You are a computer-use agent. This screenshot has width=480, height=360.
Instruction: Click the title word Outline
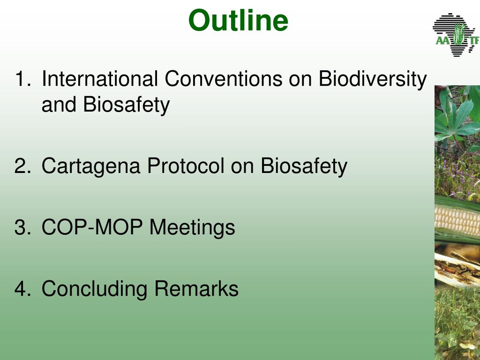(238, 20)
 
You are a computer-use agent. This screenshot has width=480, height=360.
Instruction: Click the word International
(100, 79)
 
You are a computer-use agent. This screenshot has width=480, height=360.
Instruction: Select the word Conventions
(224, 79)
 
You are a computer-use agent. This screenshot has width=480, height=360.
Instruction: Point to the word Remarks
(196, 288)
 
